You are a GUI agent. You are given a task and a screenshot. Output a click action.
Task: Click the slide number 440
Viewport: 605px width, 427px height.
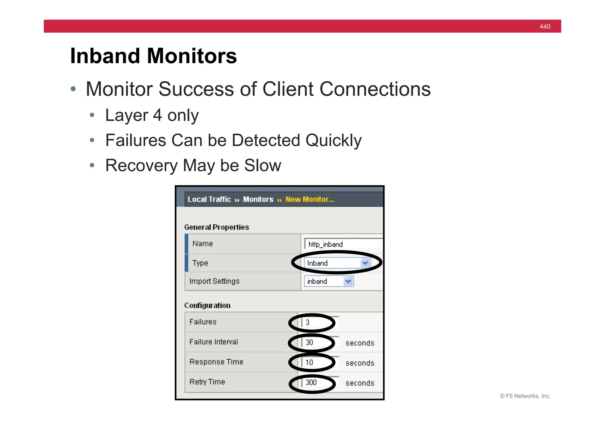tap(545, 27)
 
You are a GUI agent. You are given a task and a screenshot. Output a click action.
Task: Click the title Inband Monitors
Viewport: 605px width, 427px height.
tap(153, 56)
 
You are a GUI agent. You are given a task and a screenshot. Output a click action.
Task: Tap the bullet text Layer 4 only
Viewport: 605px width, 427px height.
tap(152, 115)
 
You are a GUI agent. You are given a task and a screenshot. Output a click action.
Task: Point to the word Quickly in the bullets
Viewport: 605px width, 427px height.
tap(333, 140)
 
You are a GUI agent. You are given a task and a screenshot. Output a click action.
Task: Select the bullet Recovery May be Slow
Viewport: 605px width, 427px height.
tap(193, 165)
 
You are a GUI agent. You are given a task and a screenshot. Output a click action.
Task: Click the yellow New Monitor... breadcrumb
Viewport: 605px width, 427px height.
tap(310, 199)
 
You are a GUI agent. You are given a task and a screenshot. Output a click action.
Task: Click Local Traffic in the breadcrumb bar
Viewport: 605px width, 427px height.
tap(209, 199)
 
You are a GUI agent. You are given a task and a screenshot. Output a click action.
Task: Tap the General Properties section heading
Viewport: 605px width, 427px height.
tap(217, 227)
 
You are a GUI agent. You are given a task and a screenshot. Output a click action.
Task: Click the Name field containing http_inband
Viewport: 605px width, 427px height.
tap(343, 244)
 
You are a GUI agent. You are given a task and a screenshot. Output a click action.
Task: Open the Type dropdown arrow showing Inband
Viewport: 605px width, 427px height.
tap(365, 263)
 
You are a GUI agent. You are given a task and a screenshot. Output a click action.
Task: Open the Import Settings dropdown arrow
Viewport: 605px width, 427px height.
tap(348, 281)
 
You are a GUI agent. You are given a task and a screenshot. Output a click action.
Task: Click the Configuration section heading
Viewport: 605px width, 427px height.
tap(207, 305)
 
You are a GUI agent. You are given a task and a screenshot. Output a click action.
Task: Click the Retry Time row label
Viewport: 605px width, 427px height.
tap(207, 382)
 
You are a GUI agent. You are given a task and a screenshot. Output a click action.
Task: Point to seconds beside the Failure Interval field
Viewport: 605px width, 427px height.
tap(360, 343)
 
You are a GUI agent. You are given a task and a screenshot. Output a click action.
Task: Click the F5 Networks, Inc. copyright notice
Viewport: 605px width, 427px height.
tap(525, 396)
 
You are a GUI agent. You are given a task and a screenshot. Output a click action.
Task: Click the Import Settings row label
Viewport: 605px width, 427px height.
tap(214, 281)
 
